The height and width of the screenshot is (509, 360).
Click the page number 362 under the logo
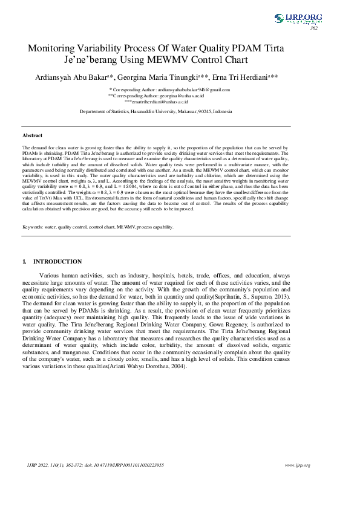pos(313,28)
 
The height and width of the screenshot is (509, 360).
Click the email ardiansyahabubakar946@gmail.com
pos(182,89)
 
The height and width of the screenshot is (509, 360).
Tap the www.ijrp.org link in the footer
pos(297,465)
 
